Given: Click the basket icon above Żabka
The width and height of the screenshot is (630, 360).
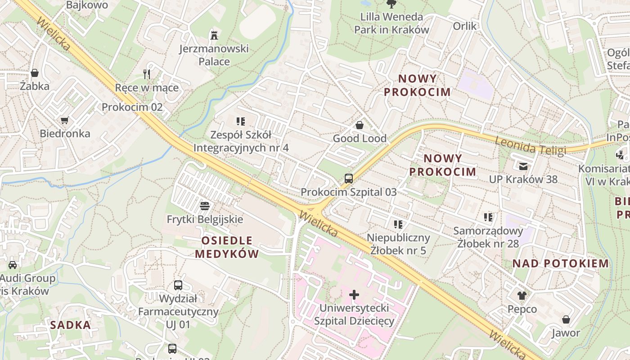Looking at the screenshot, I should [x=35, y=73].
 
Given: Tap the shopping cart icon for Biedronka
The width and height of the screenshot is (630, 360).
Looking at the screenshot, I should [x=65, y=121].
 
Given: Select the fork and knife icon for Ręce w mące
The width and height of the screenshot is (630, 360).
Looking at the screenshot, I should [x=147, y=74].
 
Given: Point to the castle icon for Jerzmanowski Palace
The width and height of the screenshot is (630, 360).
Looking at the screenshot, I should [x=214, y=35].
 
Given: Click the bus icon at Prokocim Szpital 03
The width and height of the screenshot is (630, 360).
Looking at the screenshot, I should [x=349, y=179].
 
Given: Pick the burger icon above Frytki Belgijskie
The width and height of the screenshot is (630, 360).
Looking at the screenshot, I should [x=205, y=207].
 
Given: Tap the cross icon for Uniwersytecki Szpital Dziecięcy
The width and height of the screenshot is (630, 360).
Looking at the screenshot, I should [x=354, y=295].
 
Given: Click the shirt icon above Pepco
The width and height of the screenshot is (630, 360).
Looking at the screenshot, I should [x=522, y=296].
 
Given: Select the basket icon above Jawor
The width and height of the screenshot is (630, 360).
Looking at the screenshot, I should [x=566, y=319].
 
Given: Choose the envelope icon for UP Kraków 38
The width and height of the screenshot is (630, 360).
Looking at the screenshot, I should [x=523, y=166].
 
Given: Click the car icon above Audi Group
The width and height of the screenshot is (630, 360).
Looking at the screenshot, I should [x=13, y=265].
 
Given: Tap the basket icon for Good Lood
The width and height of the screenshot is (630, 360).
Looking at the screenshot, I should [x=360, y=125].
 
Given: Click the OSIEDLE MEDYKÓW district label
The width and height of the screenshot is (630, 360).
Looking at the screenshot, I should [x=227, y=247].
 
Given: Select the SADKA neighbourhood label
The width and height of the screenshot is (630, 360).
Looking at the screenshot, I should [x=70, y=325].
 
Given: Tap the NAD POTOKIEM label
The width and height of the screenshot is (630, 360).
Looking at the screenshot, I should [x=561, y=264].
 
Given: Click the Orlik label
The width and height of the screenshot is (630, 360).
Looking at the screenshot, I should [x=464, y=26].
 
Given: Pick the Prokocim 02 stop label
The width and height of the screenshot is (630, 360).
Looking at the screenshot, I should [x=132, y=107].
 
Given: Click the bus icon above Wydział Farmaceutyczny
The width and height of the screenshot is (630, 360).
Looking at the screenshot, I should [x=178, y=285].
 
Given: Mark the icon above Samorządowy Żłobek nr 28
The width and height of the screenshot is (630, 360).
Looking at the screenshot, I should [x=488, y=218].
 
